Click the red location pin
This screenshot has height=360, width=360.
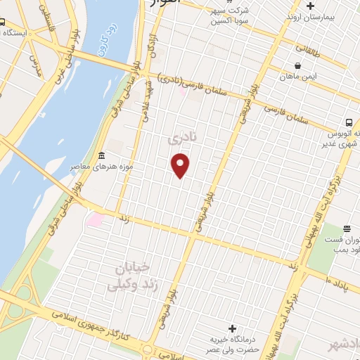(x=181, y=165)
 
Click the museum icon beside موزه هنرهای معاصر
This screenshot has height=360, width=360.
(x=102, y=155)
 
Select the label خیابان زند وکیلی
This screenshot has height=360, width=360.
(x=131, y=276)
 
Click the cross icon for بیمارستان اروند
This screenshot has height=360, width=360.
(x=310, y=6)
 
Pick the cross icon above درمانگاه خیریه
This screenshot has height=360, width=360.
(x=233, y=328)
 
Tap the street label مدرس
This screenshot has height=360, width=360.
(x=35, y=63)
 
